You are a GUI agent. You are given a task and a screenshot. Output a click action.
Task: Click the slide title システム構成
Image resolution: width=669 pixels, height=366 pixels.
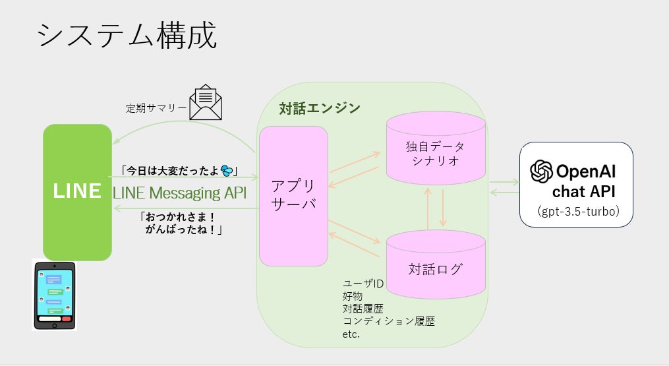tap(127, 36)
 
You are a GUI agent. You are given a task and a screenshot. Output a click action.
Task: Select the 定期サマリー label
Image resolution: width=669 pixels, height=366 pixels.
tap(156, 108)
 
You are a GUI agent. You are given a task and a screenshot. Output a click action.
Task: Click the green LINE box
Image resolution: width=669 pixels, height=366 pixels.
tap(77, 191)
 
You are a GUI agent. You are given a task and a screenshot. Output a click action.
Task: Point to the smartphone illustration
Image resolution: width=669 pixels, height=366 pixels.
tap(55, 295)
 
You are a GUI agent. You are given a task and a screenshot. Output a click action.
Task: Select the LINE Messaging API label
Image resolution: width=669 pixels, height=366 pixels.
tap(179, 193)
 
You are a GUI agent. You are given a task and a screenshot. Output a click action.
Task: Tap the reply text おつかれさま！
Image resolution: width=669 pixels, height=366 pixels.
tap(179, 216)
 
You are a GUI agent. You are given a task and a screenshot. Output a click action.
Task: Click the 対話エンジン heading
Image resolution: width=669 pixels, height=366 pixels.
tap(320, 108)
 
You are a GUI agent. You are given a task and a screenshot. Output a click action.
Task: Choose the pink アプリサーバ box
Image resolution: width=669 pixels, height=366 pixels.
tap(293, 196)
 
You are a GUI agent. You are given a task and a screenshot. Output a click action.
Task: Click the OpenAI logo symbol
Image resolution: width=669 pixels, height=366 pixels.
tap(542, 172)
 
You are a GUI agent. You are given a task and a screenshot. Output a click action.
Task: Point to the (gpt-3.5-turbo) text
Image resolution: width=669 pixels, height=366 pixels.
tap(577, 212)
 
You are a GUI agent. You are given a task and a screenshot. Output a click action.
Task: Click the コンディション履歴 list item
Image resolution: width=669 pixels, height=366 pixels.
tap(388, 321)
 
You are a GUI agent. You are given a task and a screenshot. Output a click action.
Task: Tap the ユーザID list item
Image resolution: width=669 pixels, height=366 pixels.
tap(363, 284)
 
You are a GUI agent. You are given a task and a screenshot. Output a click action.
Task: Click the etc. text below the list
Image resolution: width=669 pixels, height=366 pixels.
tap(351, 334)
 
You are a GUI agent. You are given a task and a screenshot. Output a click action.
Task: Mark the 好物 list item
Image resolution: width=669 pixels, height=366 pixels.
tap(352, 296)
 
